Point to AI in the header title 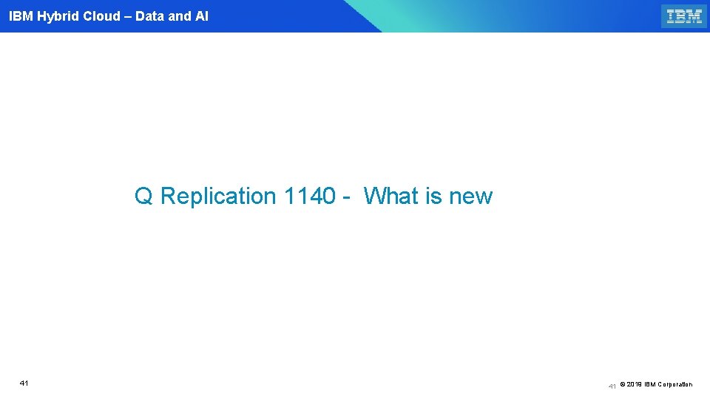click(202, 16)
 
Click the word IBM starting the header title click(21, 16)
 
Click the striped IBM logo click(683, 16)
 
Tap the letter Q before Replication click(143, 197)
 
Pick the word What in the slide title click(392, 197)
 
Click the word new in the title click(470, 197)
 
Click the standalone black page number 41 click(24, 383)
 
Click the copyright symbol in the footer click(622, 384)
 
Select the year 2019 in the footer click(634, 384)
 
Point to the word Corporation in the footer click(674, 384)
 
